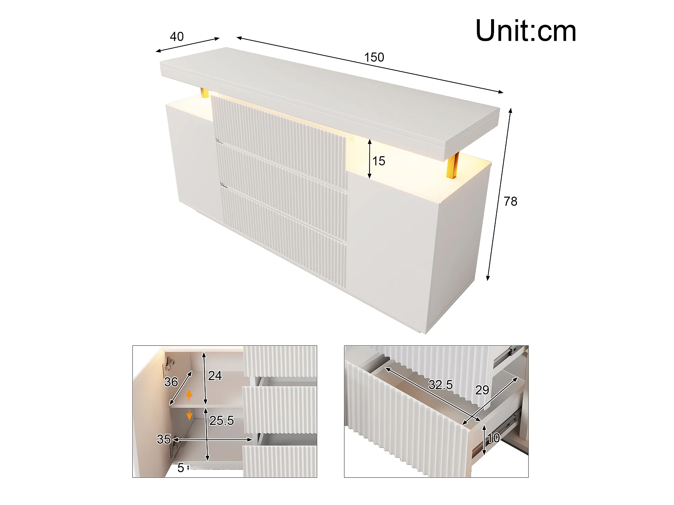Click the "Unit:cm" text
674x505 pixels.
point(526,31)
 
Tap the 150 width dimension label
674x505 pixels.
point(374,57)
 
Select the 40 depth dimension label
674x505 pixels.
point(177,36)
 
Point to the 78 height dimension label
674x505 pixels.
point(510,201)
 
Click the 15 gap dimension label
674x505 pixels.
point(379,161)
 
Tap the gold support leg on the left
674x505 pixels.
point(205,93)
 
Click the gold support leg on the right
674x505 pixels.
point(453,165)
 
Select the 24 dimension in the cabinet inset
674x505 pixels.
point(215,376)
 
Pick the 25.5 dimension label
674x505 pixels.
point(221,420)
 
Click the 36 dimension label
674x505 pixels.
point(171,382)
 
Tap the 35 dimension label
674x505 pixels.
point(164,439)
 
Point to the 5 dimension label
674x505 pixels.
point(181,468)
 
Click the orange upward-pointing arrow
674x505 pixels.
point(189,395)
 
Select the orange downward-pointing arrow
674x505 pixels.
point(189,414)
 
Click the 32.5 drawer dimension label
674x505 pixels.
point(440,384)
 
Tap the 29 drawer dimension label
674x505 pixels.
point(482,390)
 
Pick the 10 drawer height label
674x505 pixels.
point(493,438)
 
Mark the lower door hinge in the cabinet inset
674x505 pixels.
point(175,448)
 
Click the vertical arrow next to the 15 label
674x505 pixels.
point(370,159)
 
